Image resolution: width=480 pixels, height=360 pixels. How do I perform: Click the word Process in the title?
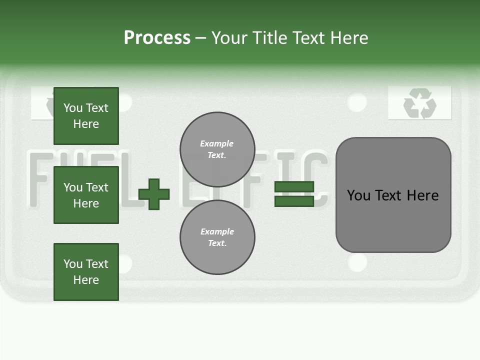pyautogui.click(x=157, y=38)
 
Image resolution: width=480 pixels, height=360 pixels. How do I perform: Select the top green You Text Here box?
pyautogui.click(x=86, y=116)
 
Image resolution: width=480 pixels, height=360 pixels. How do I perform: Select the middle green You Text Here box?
pyautogui.click(x=86, y=195)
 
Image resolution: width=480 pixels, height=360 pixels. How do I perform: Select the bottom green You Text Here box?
pyautogui.click(x=86, y=272)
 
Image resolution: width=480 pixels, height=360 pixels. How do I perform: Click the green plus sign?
pyautogui.click(x=154, y=194)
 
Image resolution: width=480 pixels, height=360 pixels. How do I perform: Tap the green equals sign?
pyautogui.click(x=294, y=194)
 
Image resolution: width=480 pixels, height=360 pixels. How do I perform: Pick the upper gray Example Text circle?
pyautogui.click(x=217, y=149)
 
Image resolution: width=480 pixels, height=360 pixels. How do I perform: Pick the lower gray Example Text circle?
pyautogui.click(x=217, y=237)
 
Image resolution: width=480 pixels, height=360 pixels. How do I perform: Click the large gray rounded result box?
pyautogui.click(x=393, y=195)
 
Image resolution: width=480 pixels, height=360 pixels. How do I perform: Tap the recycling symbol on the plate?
pyautogui.click(x=420, y=103)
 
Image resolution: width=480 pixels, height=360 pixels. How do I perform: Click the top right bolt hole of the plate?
pyautogui.click(x=356, y=102)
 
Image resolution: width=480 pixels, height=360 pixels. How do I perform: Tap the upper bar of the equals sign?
pyautogui.click(x=294, y=187)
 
